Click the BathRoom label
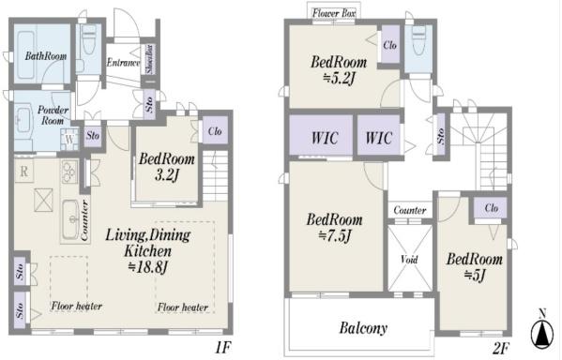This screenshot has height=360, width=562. pyautogui.click(x=46, y=56)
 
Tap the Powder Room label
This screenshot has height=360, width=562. pyautogui.click(x=53, y=115)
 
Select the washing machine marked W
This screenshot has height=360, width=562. pyautogui.click(x=69, y=140)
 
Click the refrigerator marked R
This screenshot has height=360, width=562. pyautogui.click(x=24, y=172)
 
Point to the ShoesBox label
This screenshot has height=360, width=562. pyautogui.click(x=150, y=59)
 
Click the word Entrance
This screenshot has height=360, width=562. pyautogui.click(x=123, y=63)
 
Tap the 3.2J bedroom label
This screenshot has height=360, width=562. pyautogui.click(x=167, y=167)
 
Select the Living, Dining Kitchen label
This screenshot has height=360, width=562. pyautogui.click(x=147, y=250)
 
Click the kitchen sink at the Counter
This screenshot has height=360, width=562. pyautogui.click(x=70, y=218)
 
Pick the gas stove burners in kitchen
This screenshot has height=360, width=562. pyautogui.click(x=69, y=172)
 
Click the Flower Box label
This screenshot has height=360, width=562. pyautogui.click(x=334, y=14)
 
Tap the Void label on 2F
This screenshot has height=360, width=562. pyautogui.click(x=409, y=259)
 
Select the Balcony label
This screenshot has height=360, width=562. pyautogui.click(x=363, y=328)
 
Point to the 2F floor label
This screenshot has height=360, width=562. pyautogui.click(x=501, y=348)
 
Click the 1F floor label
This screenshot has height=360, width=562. pyautogui.click(x=223, y=347)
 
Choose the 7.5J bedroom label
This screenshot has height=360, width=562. pyautogui.click(x=334, y=228)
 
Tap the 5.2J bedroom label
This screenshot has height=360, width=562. pyautogui.click(x=339, y=70)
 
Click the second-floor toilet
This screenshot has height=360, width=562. pyautogui.click(x=418, y=39)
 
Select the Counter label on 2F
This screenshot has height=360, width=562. pyautogui.click(x=410, y=210)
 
